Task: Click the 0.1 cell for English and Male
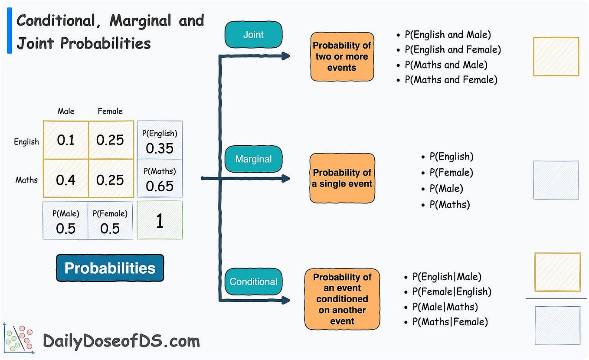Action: coord(66,140)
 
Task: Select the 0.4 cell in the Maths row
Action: coord(66,180)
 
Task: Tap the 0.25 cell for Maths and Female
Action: coord(110,180)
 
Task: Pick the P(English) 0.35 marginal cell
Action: coord(160,141)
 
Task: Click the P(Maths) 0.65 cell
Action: coord(160,179)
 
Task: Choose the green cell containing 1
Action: coord(160,220)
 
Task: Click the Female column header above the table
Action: coord(110,111)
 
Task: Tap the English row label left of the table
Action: coord(26,142)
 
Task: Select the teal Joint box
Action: coord(253,35)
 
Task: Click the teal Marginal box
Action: coord(253,159)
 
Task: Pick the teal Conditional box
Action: coord(253,281)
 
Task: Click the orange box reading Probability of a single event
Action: coord(342,178)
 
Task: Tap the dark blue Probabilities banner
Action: coord(110,268)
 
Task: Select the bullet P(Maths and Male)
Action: coord(446,65)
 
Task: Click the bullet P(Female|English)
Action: coord(452,291)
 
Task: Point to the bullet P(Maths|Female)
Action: coord(450,322)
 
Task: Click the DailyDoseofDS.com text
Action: coord(121,341)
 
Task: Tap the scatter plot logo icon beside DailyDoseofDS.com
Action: coord(18,339)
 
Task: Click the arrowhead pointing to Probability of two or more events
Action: coord(285,56)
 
